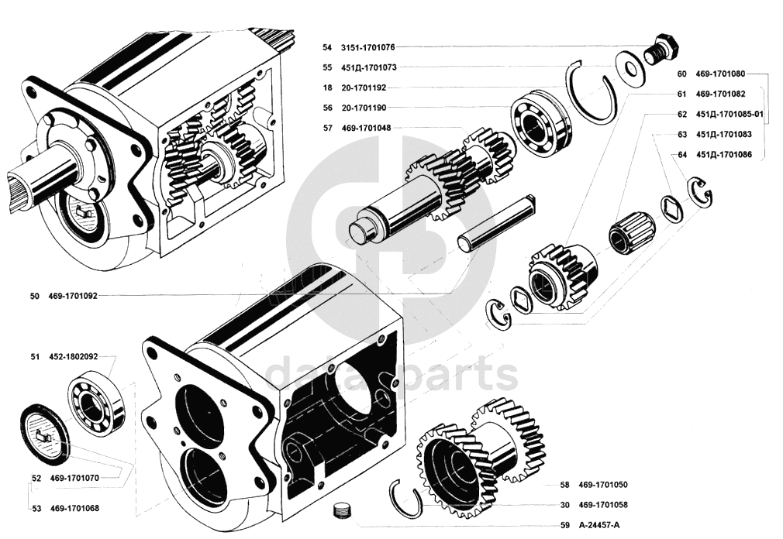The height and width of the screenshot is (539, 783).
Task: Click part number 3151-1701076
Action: [x=368, y=47]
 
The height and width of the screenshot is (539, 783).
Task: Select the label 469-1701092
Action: [x=73, y=296]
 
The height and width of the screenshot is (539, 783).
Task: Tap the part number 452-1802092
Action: [x=74, y=357]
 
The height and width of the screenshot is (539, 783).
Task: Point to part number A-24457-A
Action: [x=600, y=524]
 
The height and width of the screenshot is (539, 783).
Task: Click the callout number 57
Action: [x=328, y=128]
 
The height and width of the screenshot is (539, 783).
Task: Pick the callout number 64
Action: [x=682, y=155]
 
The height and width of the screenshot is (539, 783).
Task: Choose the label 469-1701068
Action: [x=74, y=509]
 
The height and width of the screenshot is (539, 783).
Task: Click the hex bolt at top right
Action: [x=661, y=48]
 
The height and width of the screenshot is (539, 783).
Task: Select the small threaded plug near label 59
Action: [x=340, y=510]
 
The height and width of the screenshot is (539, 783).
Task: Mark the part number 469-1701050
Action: [x=603, y=485]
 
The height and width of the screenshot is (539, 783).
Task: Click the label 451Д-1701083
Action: [x=723, y=134]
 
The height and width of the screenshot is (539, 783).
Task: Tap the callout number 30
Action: [x=564, y=505]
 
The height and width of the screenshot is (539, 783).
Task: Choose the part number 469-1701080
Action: [x=720, y=74]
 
